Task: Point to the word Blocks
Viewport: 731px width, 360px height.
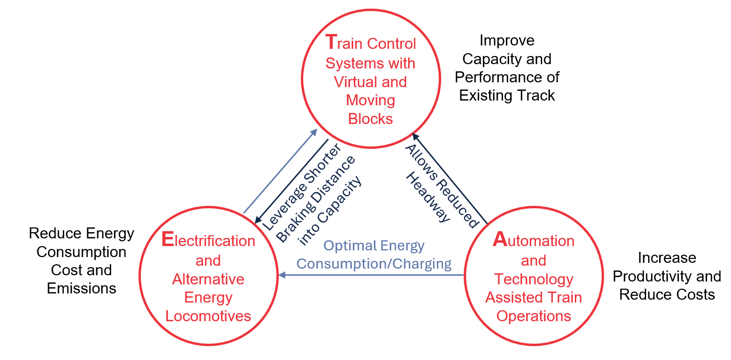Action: click(370, 119)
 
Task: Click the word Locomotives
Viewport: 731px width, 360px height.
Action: click(208, 316)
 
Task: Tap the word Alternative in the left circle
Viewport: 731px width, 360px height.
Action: click(208, 279)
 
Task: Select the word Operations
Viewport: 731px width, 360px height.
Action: click(534, 316)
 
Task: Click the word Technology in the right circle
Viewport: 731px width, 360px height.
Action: click(534, 279)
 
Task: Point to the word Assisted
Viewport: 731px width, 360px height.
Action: click(509, 297)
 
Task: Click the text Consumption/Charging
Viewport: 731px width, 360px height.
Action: click(374, 264)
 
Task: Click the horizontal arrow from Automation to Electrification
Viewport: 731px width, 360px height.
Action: click(374, 275)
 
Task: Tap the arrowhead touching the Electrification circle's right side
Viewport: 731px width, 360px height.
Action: click(283, 275)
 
